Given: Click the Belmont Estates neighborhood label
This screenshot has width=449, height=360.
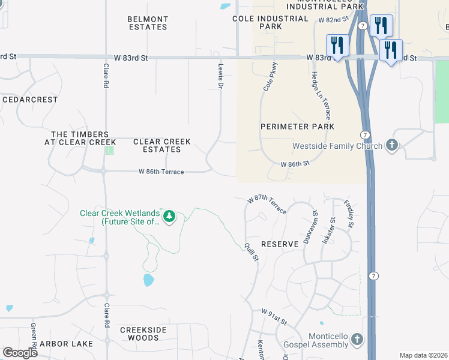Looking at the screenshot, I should [x=147, y=23].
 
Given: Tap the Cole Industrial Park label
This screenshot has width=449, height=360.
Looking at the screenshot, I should [x=270, y=23].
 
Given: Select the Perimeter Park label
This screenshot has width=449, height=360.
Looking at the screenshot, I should [x=297, y=127].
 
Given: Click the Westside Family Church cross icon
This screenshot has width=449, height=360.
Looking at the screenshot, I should [x=392, y=145].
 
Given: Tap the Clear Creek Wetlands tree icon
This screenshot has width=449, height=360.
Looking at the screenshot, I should [x=169, y=216].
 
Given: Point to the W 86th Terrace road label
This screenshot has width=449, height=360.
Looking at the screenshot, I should [x=161, y=172].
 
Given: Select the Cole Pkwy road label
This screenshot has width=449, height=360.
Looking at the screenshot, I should [x=270, y=76].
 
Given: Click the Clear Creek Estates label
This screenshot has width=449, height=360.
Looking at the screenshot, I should [x=161, y=146].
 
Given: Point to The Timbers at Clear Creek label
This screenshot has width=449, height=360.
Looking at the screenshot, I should [x=80, y=139].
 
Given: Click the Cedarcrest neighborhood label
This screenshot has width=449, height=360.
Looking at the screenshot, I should [x=30, y=100].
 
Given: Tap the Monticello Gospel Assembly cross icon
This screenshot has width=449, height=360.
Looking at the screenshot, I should [x=357, y=340].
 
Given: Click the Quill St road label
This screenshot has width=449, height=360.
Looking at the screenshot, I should [x=251, y=251].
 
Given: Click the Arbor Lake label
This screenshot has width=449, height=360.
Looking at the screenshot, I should [x=66, y=344].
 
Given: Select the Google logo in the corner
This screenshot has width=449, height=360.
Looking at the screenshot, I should [x=20, y=353].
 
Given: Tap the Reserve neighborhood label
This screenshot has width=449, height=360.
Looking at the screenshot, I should [x=280, y=244].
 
